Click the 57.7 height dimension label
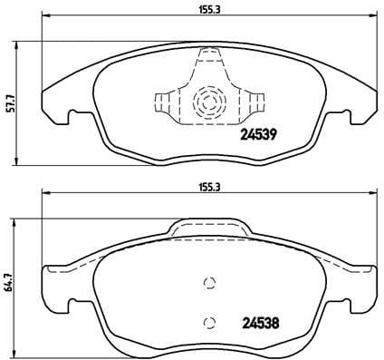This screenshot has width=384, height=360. (x=9, y=102)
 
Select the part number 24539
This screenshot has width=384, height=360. (x=258, y=137)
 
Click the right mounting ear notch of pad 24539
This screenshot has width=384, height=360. (x=346, y=117)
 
